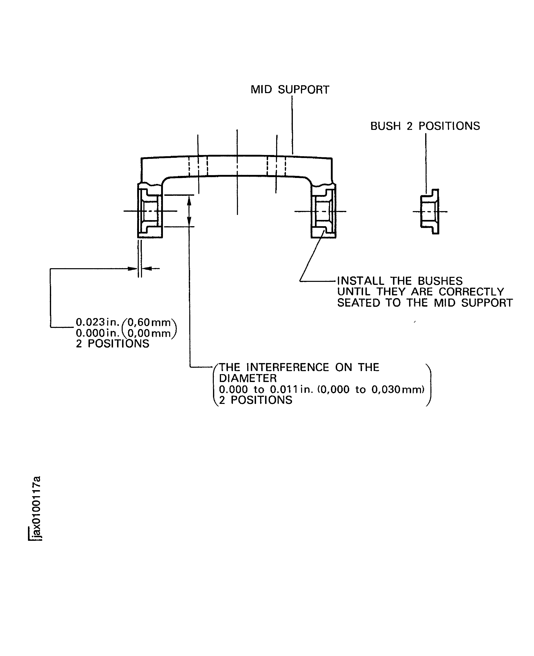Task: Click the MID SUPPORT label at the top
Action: tap(290, 90)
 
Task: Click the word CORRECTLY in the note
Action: tap(471, 292)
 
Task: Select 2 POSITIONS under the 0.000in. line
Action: tap(113, 344)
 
